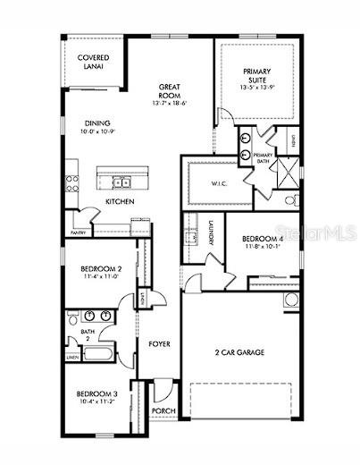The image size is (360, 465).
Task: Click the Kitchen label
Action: [x=121, y=202]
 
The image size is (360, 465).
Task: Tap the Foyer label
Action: [x=160, y=342]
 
